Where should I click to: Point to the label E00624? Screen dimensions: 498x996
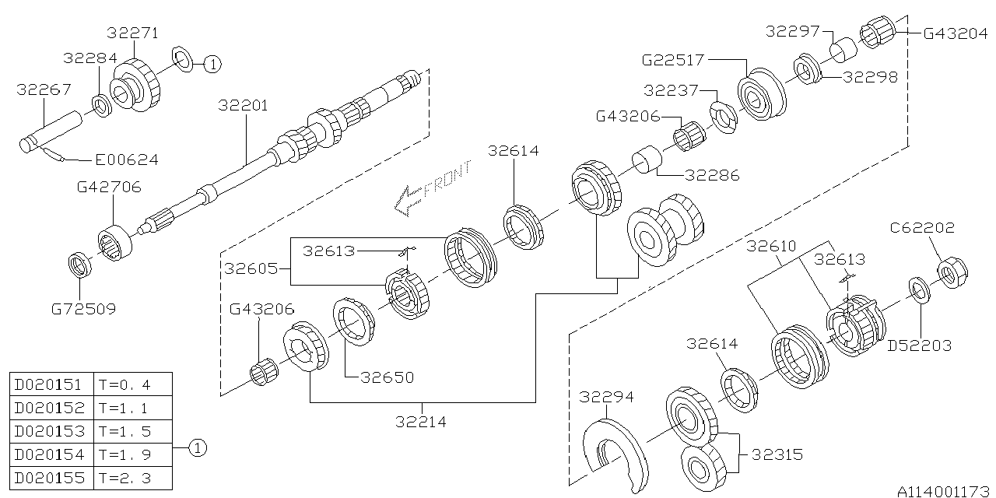pos(126,160)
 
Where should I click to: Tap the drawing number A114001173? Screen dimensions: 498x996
pos(944,491)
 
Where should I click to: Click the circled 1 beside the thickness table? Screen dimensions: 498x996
pos(198,447)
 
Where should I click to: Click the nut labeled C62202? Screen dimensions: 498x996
pos(948,273)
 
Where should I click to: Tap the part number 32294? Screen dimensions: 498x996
pos(606,398)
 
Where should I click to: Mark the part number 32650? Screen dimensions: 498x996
pos(387,377)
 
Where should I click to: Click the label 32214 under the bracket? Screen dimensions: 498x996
pos(421,422)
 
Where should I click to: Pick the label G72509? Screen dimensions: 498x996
pos(83,309)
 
